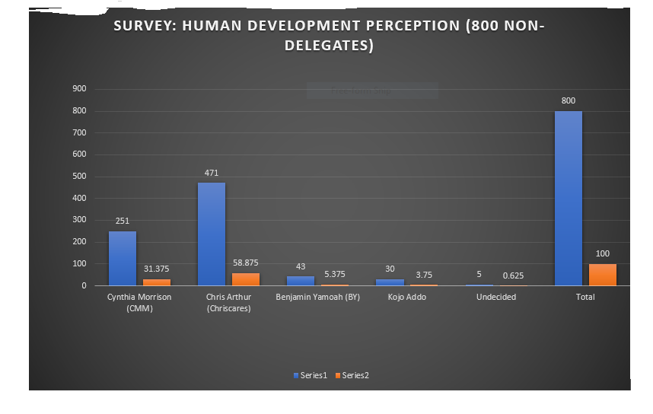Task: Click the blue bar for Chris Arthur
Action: point(212,234)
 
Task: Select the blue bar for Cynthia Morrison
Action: point(123,258)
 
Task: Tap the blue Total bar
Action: point(568,198)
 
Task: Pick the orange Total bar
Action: point(603,275)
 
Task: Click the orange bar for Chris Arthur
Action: point(246,279)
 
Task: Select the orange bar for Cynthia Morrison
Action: point(157,282)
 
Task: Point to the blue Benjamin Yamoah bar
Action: point(301,281)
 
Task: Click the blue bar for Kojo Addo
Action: point(390,282)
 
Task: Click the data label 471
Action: point(212,173)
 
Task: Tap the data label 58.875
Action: point(246,263)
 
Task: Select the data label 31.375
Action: point(157,269)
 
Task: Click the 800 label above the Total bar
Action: point(568,100)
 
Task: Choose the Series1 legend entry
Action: point(313,375)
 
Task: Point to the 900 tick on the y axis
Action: point(80,89)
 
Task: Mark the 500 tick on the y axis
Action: point(80,177)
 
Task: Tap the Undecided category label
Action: point(496,297)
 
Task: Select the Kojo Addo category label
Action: point(407,297)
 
